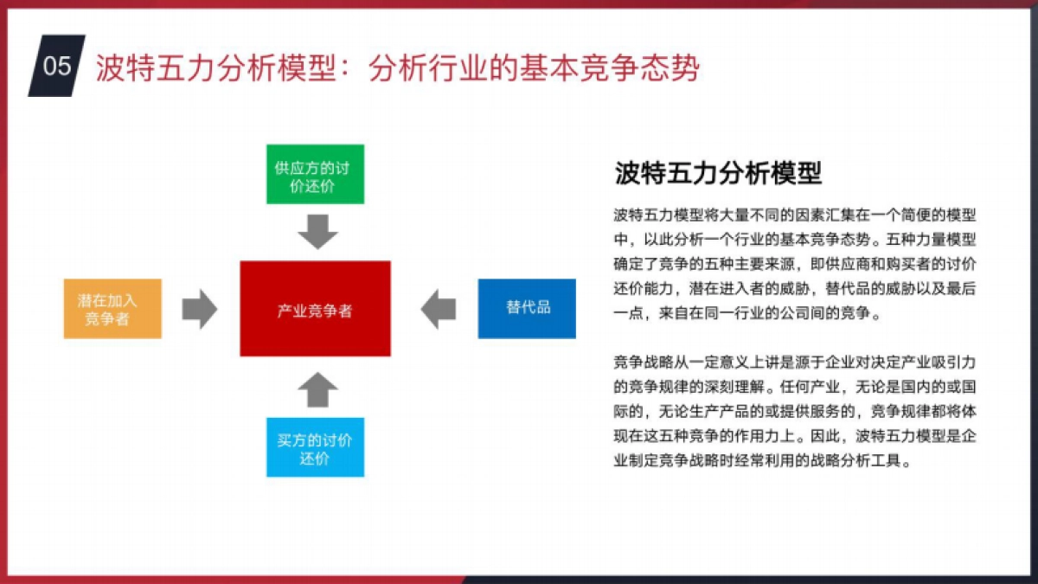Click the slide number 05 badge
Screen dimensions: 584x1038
tap(57, 66)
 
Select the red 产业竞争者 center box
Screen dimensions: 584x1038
tap(315, 310)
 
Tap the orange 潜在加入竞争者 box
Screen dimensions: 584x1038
tap(112, 309)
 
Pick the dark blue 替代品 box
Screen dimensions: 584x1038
tap(527, 308)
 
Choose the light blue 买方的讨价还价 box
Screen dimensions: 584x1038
tap(315, 448)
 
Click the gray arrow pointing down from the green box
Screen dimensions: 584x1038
tap(317, 230)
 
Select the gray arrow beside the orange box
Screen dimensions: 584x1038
tap(200, 309)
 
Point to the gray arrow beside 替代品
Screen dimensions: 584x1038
tap(439, 309)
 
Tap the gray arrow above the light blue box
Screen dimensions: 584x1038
tap(317, 390)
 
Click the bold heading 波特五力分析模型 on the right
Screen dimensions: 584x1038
tap(718, 173)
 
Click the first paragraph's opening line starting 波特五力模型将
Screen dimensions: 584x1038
tap(795, 215)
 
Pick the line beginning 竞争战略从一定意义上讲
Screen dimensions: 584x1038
tap(795, 361)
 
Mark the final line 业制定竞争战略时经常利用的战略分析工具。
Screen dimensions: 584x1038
tap(762, 460)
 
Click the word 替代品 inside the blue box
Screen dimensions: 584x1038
tap(528, 308)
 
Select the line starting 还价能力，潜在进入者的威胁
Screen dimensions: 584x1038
tap(795, 289)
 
